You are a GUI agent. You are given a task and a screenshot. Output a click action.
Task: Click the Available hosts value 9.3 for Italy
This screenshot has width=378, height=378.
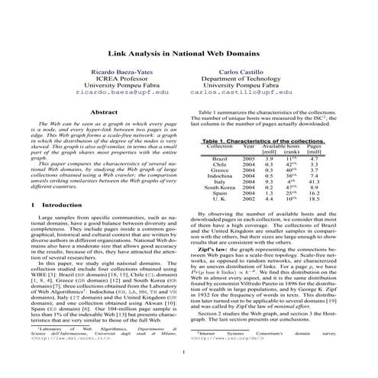coord(268,202)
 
